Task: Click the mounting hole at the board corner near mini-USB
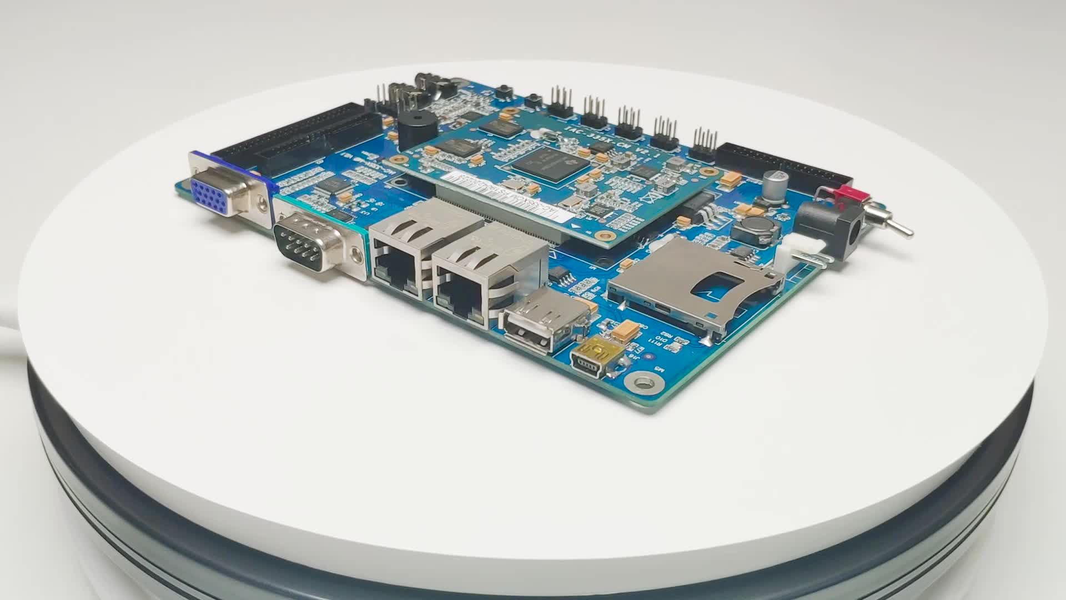(642, 383)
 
